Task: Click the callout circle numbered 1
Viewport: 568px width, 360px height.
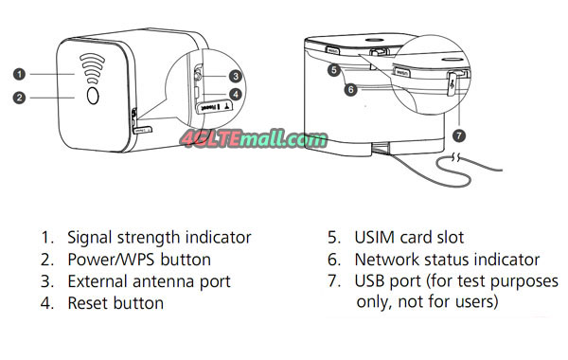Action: click(20, 74)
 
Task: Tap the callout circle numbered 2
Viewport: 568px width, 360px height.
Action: click(20, 98)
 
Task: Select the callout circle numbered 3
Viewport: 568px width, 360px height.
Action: click(236, 76)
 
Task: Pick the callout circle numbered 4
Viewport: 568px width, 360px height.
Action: click(236, 95)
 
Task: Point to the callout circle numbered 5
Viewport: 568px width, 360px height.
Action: click(334, 69)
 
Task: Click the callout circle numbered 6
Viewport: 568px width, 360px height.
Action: click(350, 89)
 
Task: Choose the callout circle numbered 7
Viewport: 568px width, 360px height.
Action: click(459, 135)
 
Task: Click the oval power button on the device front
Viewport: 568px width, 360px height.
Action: click(93, 96)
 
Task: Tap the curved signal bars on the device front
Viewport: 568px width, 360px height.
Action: click(93, 68)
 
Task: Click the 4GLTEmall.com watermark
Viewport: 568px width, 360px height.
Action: click(254, 139)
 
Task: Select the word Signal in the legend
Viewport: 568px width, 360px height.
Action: click(90, 238)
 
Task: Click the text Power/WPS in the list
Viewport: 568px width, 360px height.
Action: click(111, 260)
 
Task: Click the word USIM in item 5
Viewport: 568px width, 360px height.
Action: click(375, 238)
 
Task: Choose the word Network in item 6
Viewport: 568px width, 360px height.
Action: click(386, 260)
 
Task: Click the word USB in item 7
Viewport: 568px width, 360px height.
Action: click(369, 281)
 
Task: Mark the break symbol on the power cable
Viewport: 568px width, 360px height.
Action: click(456, 157)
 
